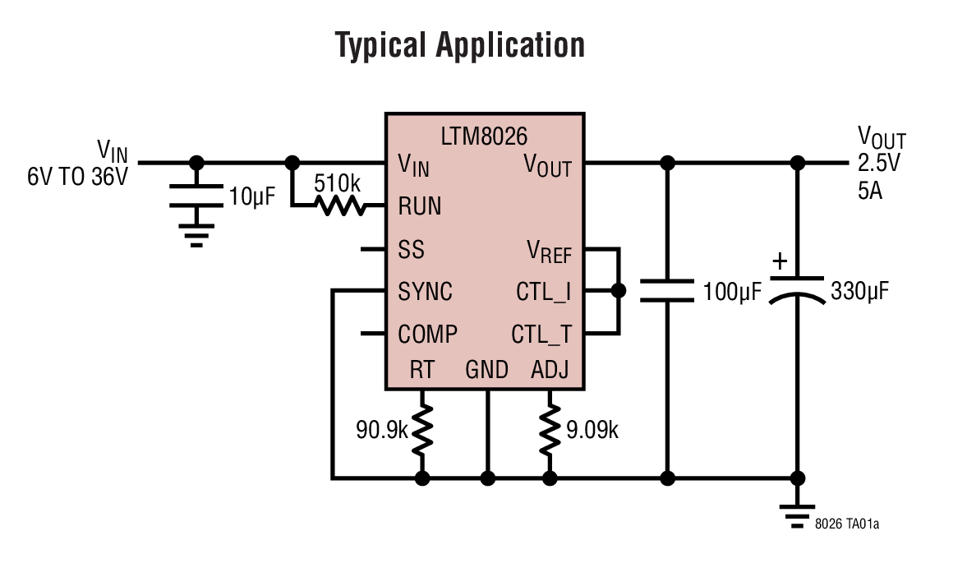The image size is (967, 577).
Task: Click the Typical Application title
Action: click(x=460, y=45)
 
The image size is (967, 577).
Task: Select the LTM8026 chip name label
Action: click(x=485, y=135)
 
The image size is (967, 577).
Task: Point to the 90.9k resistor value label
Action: click(x=381, y=429)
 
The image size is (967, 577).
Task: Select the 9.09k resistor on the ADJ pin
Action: click(x=550, y=429)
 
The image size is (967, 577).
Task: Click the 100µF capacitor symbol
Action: click(x=667, y=290)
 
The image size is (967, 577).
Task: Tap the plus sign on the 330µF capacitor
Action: click(x=780, y=262)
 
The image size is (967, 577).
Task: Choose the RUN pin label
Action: click(x=419, y=206)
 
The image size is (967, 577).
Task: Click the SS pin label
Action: click(x=411, y=249)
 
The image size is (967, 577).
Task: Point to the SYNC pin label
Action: click(x=425, y=292)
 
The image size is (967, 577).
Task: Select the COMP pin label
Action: click(x=427, y=335)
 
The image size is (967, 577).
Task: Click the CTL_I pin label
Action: click(x=543, y=292)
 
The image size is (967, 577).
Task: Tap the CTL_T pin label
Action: click(x=541, y=335)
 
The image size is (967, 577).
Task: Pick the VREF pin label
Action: click(x=548, y=251)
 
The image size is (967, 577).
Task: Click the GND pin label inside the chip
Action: click(x=486, y=370)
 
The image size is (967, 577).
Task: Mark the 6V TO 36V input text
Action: click(x=78, y=176)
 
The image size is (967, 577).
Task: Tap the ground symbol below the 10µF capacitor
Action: click(x=196, y=234)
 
